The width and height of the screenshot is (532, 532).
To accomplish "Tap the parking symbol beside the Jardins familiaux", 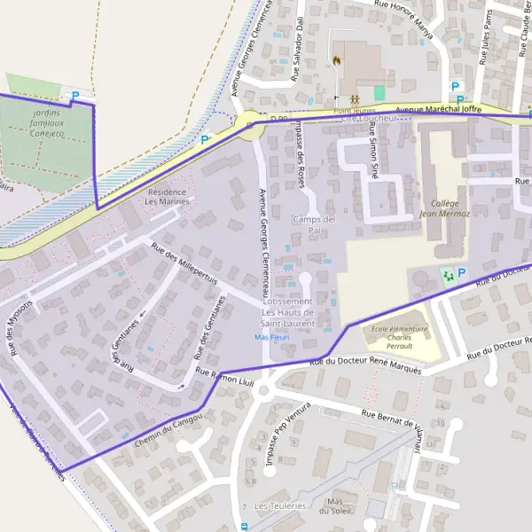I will coord(74,95).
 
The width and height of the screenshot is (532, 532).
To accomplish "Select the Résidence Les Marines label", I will coord(168,196).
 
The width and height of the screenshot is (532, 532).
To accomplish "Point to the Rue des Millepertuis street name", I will coord(184,264).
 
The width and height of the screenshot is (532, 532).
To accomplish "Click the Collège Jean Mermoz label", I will coord(440,208).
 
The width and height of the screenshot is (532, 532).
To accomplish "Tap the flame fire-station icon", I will coord(337,61).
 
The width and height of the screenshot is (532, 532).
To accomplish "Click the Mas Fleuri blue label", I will coord(273,338).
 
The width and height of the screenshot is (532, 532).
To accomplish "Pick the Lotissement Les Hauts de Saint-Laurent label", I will coord(288,312).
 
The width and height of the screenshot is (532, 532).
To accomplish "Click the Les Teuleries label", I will coord(280,506).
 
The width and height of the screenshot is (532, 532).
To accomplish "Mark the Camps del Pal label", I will coord(314,225).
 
